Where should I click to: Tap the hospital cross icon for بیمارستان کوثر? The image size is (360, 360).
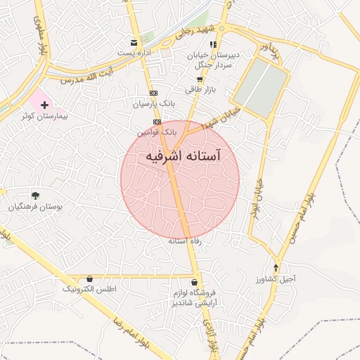pos(45,104)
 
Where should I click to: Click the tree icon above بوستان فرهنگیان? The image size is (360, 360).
pos(35,195)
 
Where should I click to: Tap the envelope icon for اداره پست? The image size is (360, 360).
pos(134,43)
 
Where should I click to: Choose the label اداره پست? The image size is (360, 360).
pos(134,53)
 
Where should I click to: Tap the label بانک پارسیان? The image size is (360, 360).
pos(153,104)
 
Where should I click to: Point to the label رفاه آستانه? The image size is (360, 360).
pos(185,241)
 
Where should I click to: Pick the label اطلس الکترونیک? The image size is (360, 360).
pos(89,289)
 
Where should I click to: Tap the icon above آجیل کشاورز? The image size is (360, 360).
pos(276,268)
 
